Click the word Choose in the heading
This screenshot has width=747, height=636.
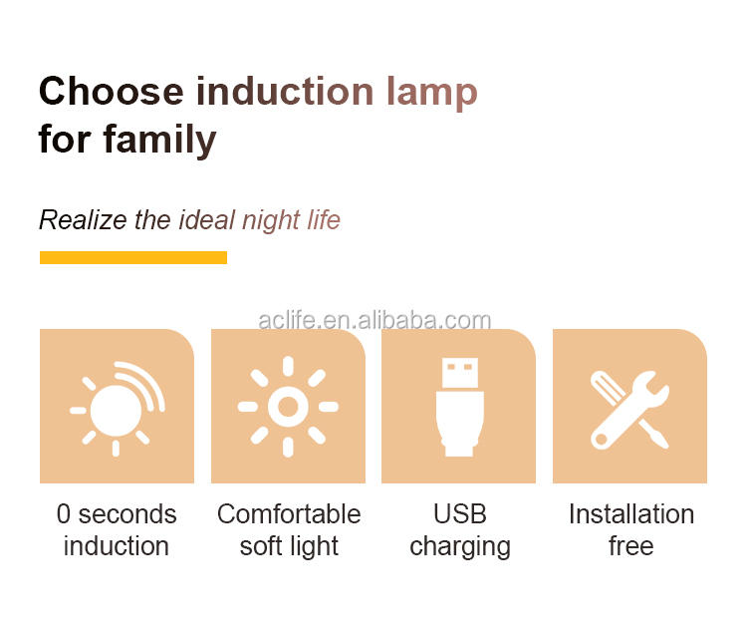click(x=111, y=91)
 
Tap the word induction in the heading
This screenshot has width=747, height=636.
click(x=285, y=91)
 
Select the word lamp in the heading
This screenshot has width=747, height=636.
click(x=431, y=94)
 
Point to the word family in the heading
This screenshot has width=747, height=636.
click(x=160, y=141)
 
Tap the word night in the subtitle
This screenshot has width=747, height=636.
click(x=271, y=221)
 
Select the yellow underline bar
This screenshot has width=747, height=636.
click(x=133, y=257)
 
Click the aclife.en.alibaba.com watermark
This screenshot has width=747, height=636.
click(x=374, y=320)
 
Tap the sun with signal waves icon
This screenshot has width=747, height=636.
click(x=117, y=409)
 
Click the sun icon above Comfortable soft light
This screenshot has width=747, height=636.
click(x=288, y=407)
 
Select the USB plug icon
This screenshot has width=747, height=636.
click(x=459, y=407)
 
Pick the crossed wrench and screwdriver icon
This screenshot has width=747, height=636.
click(x=629, y=410)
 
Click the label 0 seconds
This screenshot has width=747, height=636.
click(x=117, y=514)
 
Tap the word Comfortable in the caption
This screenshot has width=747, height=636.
click(x=289, y=514)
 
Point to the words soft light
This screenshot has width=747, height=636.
click(x=289, y=547)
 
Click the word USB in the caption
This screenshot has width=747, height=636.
click(x=460, y=514)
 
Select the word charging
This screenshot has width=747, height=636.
click(x=460, y=547)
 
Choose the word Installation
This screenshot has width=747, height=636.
click(x=631, y=514)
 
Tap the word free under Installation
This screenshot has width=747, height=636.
click(x=630, y=546)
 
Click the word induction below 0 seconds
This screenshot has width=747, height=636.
click(x=117, y=546)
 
